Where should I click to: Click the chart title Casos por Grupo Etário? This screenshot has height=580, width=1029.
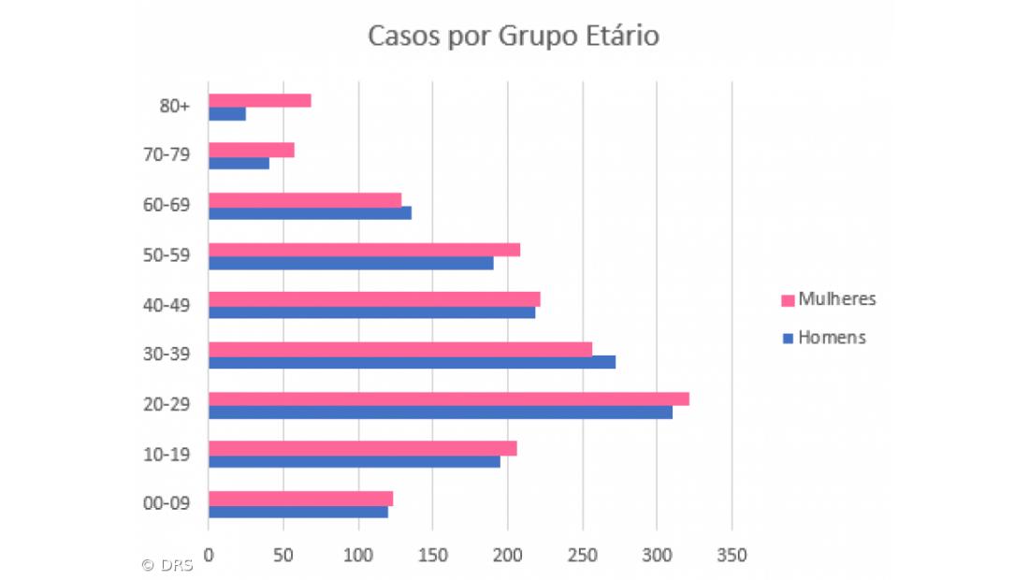[513, 36]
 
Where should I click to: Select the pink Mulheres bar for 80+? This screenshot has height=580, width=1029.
[259, 100]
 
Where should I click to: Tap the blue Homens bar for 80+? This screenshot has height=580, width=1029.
[227, 114]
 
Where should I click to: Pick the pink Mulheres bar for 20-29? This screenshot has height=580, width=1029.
[448, 399]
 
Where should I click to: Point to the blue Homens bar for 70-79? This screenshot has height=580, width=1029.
[239, 164]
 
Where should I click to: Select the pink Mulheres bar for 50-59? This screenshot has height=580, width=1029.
[364, 250]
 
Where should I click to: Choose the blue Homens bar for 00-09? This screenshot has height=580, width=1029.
[297, 512]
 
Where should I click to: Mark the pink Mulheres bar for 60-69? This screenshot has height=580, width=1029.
[304, 199]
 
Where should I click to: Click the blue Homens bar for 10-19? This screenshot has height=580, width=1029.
[354, 462]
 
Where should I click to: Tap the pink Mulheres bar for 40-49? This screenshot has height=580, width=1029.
[374, 298]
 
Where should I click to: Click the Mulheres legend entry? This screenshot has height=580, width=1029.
[828, 299]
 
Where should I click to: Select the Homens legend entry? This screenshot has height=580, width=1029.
[823, 338]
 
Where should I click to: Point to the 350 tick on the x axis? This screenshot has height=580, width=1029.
[732, 555]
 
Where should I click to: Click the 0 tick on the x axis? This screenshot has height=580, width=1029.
[209, 555]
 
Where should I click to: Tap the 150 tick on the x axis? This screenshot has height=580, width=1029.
[432, 555]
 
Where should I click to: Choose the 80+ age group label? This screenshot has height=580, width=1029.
[175, 107]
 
